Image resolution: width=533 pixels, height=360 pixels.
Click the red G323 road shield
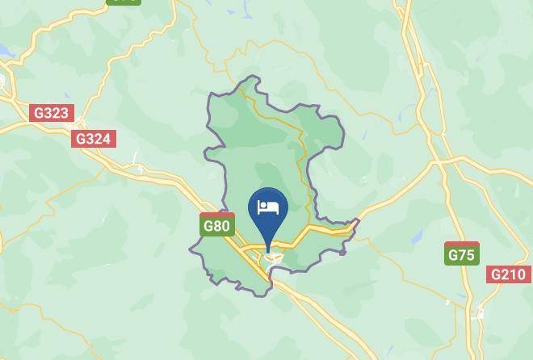(x=52, y=113)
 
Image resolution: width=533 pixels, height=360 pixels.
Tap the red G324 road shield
(x=93, y=139)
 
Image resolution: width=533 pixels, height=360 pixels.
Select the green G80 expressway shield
(x=216, y=225)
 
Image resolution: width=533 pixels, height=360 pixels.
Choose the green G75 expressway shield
(x=461, y=254)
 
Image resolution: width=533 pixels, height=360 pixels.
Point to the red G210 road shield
(x=510, y=275)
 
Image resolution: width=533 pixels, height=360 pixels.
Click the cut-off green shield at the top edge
(x=123, y=2)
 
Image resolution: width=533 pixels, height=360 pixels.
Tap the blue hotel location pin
(x=267, y=211)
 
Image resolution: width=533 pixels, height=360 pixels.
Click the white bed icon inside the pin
(x=267, y=208)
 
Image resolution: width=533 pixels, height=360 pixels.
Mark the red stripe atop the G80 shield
(x=216, y=215)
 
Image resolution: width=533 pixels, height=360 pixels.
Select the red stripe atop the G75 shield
(x=461, y=244)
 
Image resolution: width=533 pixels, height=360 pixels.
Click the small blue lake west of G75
(x=417, y=236)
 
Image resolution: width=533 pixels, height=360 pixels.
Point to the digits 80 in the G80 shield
(x=221, y=226)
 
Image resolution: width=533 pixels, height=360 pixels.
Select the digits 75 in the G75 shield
(x=466, y=255)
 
